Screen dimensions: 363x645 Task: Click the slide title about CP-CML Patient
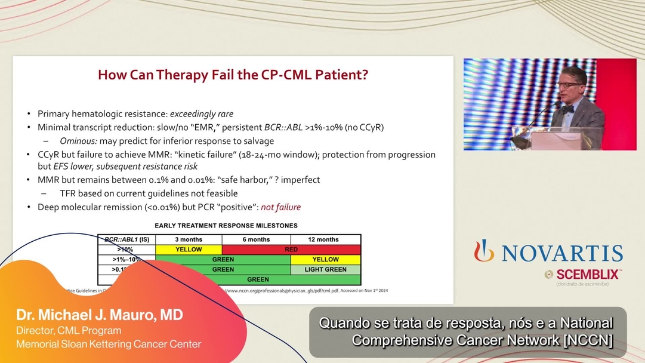pyautogui.click(x=232, y=75)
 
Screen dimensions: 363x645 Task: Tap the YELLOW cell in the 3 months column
pyautogui.click(x=189, y=250)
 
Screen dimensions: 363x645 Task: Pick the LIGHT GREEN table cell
pyautogui.click(x=325, y=269)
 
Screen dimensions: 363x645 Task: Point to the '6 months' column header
pyautogui.click(x=256, y=239)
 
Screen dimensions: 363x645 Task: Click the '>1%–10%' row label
pyautogui.click(x=126, y=260)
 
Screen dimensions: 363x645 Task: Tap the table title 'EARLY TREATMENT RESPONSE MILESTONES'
pyautogui.click(x=226, y=226)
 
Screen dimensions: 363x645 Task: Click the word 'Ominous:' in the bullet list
pyautogui.click(x=79, y=141)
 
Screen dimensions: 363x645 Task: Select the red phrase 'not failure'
pyautogui.click(x=280, y=207)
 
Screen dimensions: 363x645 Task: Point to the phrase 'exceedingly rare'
pyautogui.click(x=202, y=113)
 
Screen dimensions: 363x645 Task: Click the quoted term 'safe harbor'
pyautogui.click(x=254, y=180)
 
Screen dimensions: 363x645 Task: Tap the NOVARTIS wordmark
pyautogui.click(x=561, y=253)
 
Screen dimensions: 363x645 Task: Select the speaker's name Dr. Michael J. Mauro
pyautogui.click(x=99, y=315)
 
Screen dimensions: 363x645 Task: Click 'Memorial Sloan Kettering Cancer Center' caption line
pyautogui.click(x=108, y=344)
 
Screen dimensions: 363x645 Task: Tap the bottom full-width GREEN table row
pyautogui.click(x=258, y=279)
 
